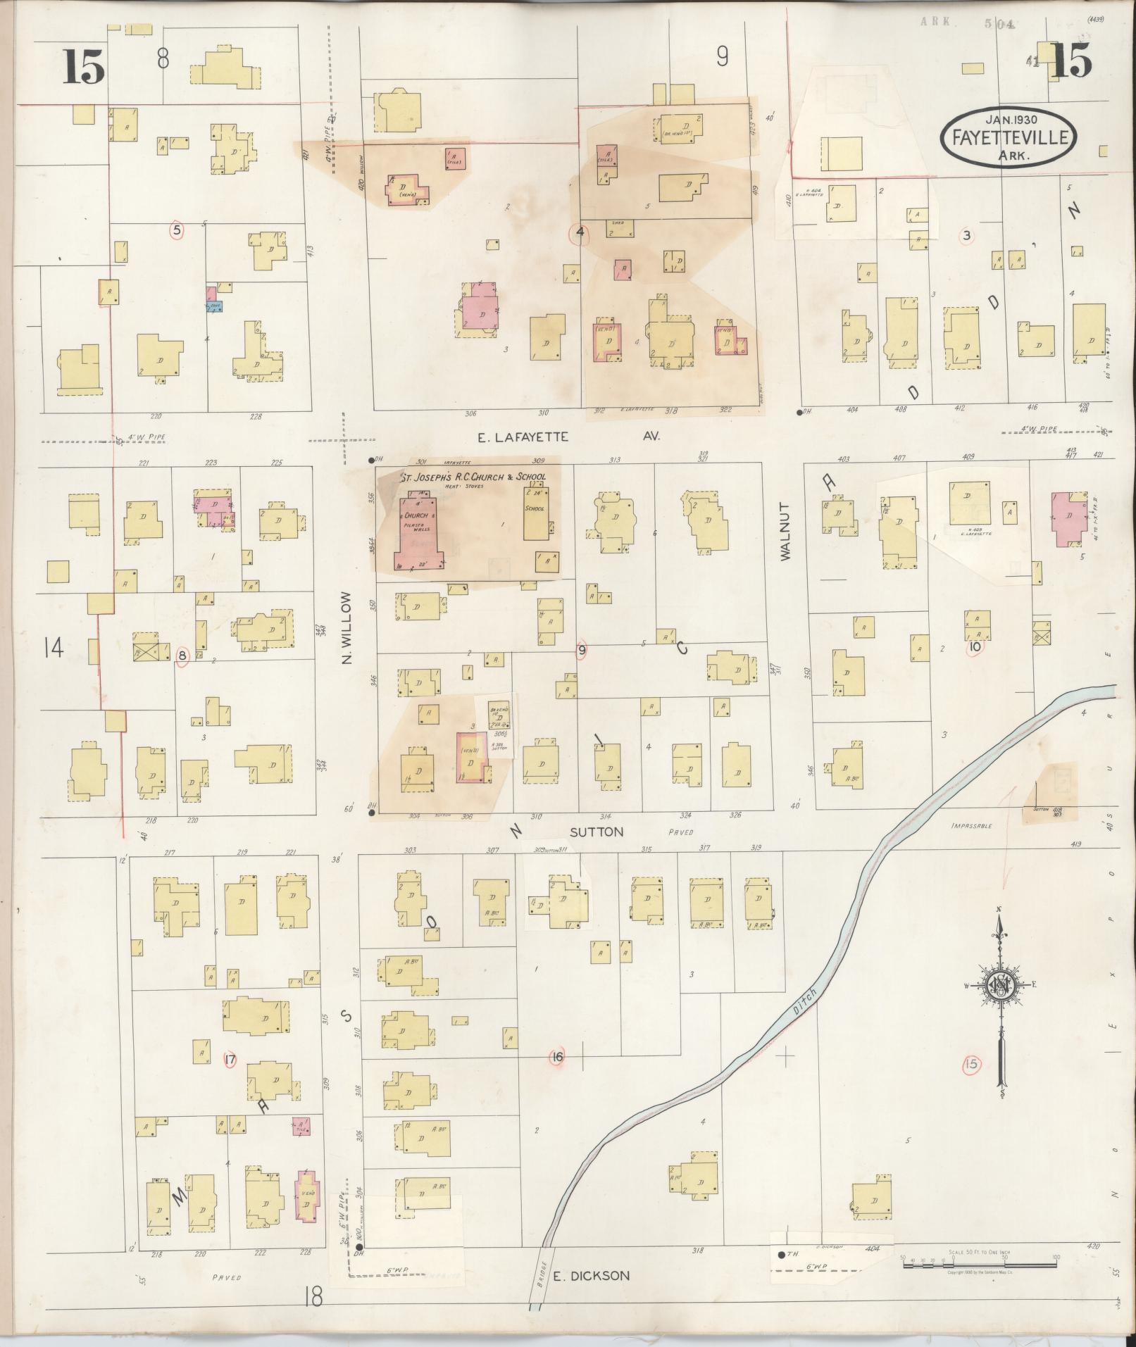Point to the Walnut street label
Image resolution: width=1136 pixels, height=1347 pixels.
pyautogui.click(x=786, y=531)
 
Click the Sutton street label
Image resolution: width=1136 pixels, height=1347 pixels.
pyautogui.click(x=597, y=832)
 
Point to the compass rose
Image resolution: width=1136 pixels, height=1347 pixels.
pyautogui.click(x=999, y=986)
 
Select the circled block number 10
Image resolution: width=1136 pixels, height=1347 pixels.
pyautogui.click(x=975, y=646)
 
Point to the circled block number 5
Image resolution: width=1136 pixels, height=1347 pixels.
pyautogui.click(x=177, y=230)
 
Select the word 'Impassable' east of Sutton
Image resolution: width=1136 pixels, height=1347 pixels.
pyautogui.click(x=970, y=825)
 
